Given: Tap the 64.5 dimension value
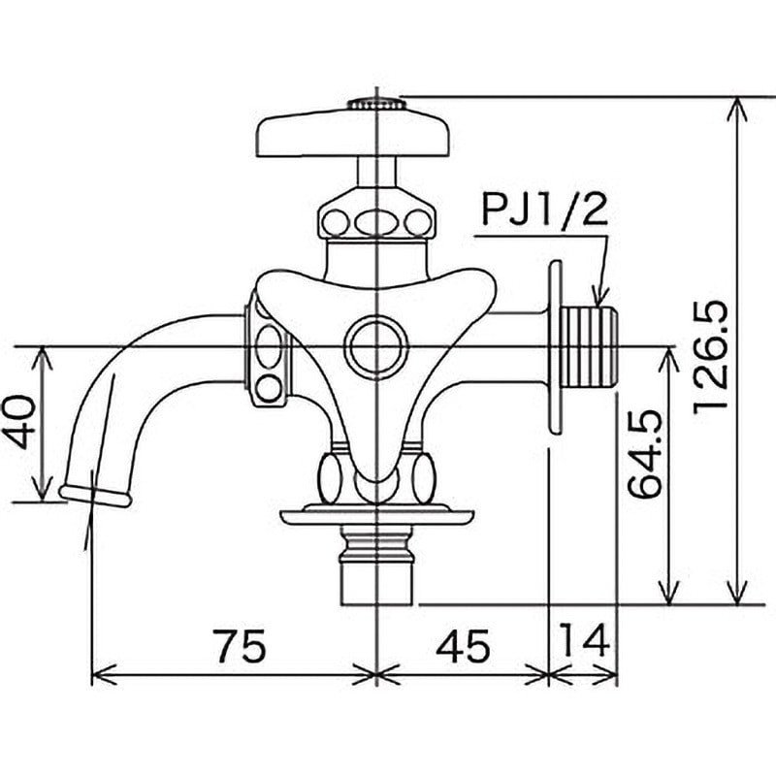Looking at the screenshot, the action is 644,453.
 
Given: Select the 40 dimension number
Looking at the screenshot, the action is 19,421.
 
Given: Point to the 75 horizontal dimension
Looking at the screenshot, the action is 242,645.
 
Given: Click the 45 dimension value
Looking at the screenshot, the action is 464,646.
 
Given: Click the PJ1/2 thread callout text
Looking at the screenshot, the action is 544,209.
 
